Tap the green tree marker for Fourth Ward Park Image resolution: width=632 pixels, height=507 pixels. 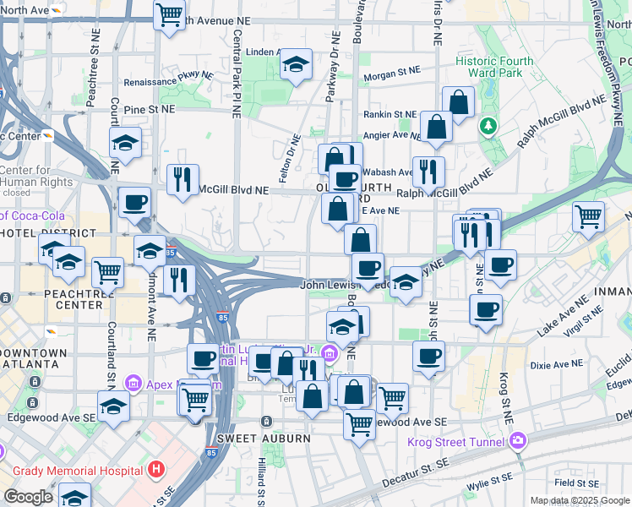click(x=488, y=126)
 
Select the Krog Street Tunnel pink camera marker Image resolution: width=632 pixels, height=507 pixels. click(x=516, y=441)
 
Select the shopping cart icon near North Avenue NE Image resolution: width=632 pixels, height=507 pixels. click(x=170, y=14)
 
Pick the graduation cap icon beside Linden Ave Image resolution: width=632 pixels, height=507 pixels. click(x=296, y=64)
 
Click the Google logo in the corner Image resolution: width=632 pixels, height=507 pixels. click(x=28, y=497)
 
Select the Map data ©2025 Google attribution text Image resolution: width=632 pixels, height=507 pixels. click(x=579, y=500)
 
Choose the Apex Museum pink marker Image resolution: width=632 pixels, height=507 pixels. click(x=133, y=384)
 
